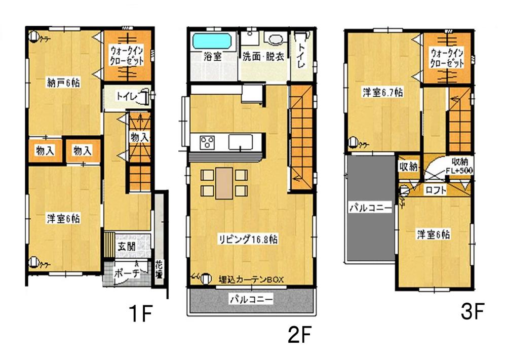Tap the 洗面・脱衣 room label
coord(262,56)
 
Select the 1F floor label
coord(139,314)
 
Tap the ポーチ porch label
coord(124,270)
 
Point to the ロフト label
coord(435,191)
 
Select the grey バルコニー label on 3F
coord(370,208)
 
